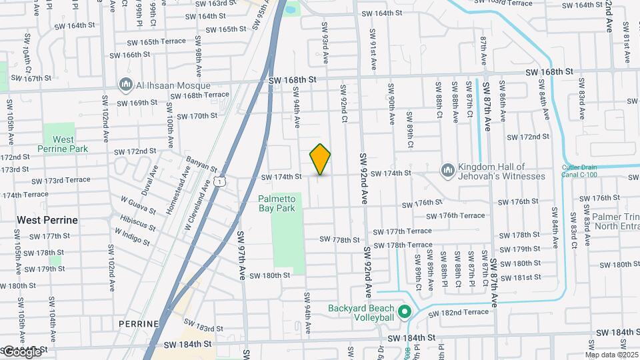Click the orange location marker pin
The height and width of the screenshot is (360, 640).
[x=320, y=159]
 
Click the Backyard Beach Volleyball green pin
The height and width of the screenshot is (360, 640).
[x=403, y=311]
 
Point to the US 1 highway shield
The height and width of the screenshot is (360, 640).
[x=221, y=181]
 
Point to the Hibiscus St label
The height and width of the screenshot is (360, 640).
[x=138, y=221]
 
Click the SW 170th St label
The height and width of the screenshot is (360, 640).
[x=194, y=116]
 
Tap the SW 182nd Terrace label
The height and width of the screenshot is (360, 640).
[x=458, y=313]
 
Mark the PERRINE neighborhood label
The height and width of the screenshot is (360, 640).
[x=139, y=324]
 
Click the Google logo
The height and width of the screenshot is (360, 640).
[x=21, y=351]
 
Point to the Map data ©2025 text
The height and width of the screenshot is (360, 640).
[x=611, y=355]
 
